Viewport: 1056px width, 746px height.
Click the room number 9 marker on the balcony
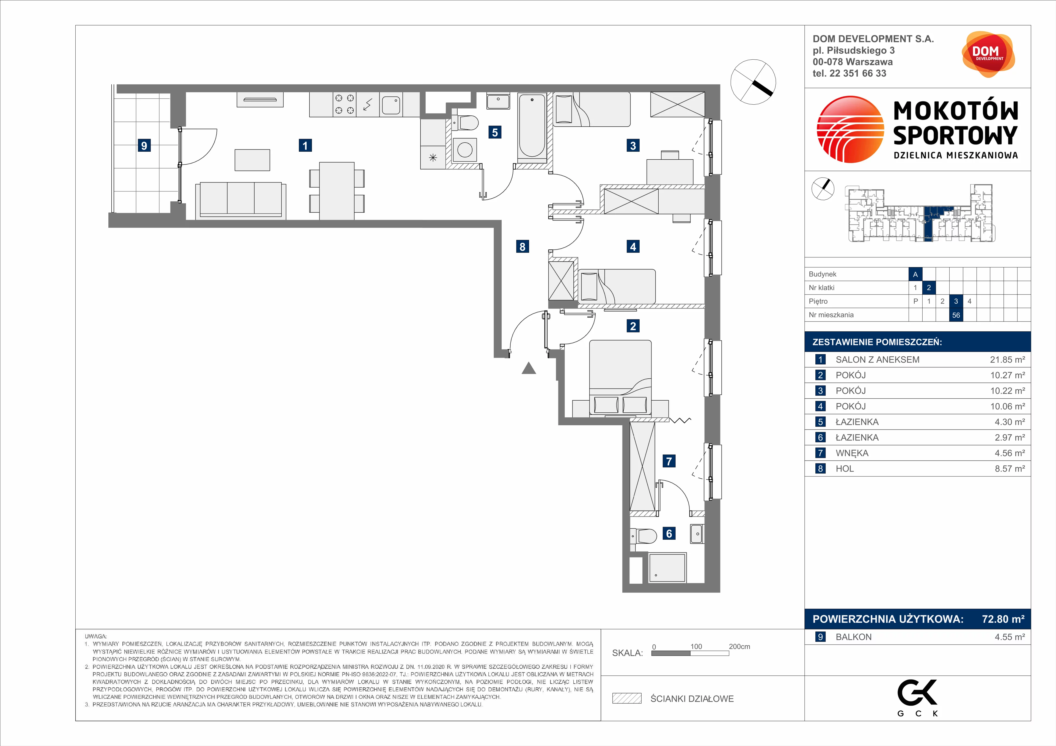coord(144,146)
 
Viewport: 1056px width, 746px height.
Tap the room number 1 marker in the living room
coord(305,146)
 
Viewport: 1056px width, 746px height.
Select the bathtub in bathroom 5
coord(532,126)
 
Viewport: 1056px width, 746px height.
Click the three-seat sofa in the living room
coord(241,200)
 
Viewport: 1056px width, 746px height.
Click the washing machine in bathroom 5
coord(464,150)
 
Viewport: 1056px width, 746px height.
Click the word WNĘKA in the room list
coord(852,453)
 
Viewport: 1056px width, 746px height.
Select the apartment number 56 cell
coord(956,315)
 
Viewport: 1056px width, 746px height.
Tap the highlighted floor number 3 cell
coord(956,301)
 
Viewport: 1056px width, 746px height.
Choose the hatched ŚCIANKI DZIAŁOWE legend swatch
coord(626,698)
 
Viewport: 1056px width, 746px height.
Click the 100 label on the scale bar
coord(696,646)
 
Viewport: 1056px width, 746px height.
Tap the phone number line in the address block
coord(849,73)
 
